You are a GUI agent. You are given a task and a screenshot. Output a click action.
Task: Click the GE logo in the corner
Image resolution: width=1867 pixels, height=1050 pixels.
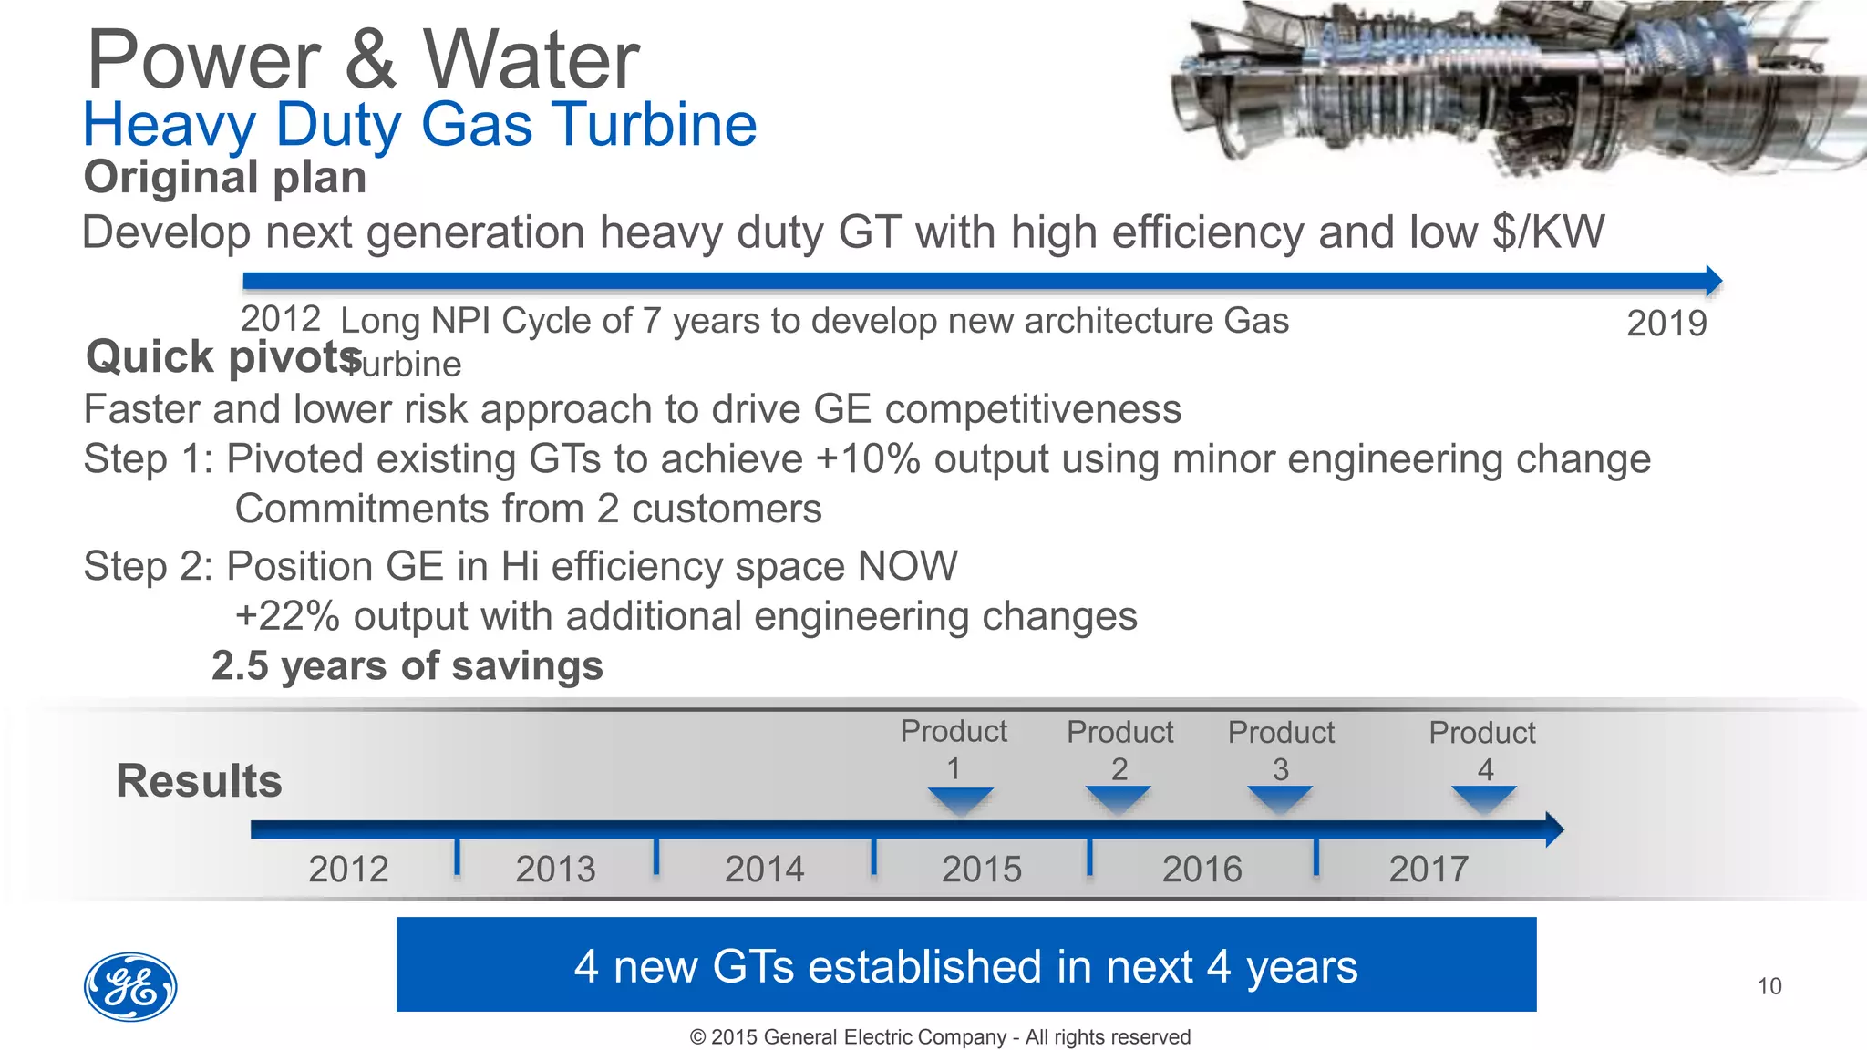130,987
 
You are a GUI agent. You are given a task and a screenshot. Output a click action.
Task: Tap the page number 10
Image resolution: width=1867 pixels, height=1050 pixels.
1769,986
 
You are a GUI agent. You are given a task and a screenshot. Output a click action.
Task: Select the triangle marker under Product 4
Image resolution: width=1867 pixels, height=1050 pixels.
1484,799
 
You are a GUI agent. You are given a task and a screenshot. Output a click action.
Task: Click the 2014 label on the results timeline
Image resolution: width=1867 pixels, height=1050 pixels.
764,869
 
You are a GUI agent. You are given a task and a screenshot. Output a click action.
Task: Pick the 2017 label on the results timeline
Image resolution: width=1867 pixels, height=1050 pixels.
1429,869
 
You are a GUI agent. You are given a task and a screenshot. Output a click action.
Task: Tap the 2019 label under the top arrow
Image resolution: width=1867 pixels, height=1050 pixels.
1666,324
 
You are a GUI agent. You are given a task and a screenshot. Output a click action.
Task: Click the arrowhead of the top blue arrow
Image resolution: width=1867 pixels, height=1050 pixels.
1713,280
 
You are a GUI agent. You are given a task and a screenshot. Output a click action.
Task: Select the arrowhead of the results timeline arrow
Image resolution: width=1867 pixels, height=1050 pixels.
1554,829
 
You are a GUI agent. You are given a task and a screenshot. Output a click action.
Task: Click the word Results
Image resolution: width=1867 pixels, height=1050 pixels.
199,781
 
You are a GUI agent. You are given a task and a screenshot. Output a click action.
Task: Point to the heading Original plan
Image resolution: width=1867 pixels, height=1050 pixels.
225,177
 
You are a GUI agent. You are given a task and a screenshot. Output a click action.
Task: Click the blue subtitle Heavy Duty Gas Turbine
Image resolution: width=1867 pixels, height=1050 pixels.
419,124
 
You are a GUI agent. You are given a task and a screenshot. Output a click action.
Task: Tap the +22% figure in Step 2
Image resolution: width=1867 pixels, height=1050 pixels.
287,616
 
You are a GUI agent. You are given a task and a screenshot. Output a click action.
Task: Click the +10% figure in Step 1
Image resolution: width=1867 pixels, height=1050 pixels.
868,458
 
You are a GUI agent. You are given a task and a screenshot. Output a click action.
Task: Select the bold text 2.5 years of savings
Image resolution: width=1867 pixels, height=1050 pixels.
407,665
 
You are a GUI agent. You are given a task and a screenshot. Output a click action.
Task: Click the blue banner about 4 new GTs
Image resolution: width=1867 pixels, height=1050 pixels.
966,964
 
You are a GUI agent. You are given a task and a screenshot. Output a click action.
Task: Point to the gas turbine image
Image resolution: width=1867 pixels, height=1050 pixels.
1513,87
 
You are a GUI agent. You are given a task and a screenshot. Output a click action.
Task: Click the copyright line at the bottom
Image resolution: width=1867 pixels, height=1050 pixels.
940,1037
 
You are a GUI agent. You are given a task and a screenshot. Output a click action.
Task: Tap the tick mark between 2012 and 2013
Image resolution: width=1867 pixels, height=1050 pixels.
457,855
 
